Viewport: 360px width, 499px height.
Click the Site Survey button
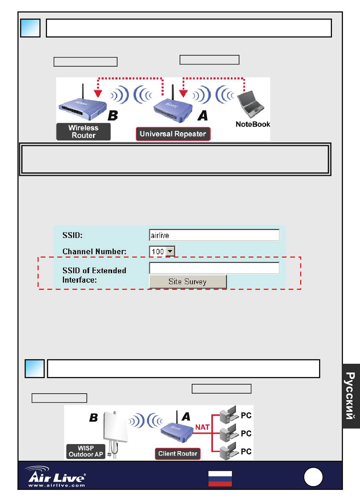(188, 282)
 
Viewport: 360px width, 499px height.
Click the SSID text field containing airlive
(214, 235)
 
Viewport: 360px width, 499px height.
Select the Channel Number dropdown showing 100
(162, 251)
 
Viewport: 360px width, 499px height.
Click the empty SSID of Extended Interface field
(214, 268)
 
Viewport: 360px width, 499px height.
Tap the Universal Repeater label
(173, 134)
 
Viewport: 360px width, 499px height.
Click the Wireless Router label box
(83, 132)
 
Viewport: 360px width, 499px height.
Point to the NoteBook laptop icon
(250, 103)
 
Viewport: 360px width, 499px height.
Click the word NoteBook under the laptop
(253, 124)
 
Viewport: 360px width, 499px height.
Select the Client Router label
(177, 454)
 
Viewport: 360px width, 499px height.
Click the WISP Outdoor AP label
(86, 451)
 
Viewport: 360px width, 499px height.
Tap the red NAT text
(202, 427)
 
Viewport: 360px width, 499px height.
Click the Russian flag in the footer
(220, 479)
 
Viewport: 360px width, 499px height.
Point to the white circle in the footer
(313, 477)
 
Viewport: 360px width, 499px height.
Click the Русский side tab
(351, 396)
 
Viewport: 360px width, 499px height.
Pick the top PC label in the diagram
(246, 416)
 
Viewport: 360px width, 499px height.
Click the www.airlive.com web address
(56, 485)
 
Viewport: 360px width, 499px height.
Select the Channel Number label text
(94, 252)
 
